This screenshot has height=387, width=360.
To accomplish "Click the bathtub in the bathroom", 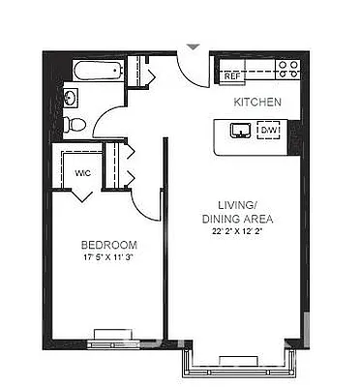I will (95, 71).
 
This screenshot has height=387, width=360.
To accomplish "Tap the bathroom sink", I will (70, 98).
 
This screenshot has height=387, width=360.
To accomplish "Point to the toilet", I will (74, 123).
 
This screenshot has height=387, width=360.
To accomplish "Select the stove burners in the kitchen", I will (287, 70).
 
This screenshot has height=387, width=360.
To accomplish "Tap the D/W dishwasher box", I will (268, 130).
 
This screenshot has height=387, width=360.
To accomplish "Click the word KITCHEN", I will (257, 102).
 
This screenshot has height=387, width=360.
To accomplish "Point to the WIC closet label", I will (82, 173).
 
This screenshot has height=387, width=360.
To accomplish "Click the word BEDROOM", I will (108, 245).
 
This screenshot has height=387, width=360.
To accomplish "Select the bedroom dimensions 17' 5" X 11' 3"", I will (108, 258).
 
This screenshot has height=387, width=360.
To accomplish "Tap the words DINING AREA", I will (236, 220).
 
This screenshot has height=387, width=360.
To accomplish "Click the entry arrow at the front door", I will (193, 45).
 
